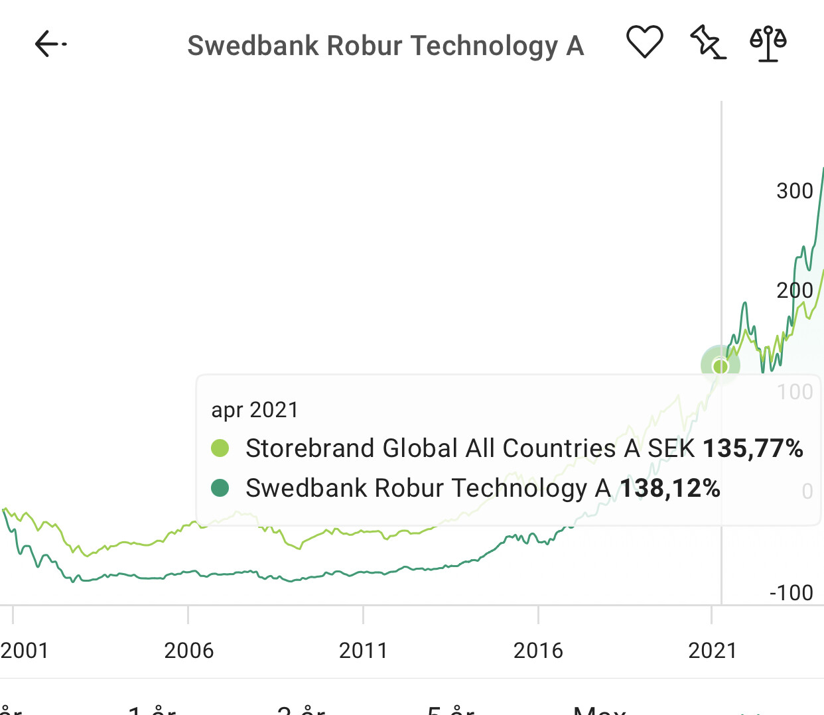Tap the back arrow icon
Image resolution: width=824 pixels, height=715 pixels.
click(50, 44)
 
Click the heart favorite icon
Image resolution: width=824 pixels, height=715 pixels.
click(644, 42)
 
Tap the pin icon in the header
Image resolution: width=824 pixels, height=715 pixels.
click(707, 42)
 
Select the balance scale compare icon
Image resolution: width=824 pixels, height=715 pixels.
click(768, 44)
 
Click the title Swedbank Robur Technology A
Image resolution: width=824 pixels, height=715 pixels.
click(385, 46)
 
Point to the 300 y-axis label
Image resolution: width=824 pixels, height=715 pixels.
click(794, 191)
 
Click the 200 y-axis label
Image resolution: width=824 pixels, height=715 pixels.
click(794, 291)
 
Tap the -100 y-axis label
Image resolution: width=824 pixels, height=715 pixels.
click(791, 592)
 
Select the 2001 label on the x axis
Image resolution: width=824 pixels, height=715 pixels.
click(25, 651)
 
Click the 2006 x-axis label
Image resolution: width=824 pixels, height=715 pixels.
click(188, 651)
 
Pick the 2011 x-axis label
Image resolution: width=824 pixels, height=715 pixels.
click(363, 651)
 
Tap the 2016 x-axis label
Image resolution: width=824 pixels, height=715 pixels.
click(538, 651)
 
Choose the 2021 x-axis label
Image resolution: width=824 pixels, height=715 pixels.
click(713, 651)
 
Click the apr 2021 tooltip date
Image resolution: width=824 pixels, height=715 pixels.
click(255, 410)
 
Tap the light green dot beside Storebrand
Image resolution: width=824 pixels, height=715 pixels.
click(220, 448)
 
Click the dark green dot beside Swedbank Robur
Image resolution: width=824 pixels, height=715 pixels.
click(220, 488)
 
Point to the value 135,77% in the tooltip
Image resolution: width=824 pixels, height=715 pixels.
click(752, 448)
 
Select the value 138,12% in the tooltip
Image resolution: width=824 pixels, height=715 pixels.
click(669, 488)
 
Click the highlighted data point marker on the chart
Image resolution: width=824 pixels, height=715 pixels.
click(721, 365)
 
